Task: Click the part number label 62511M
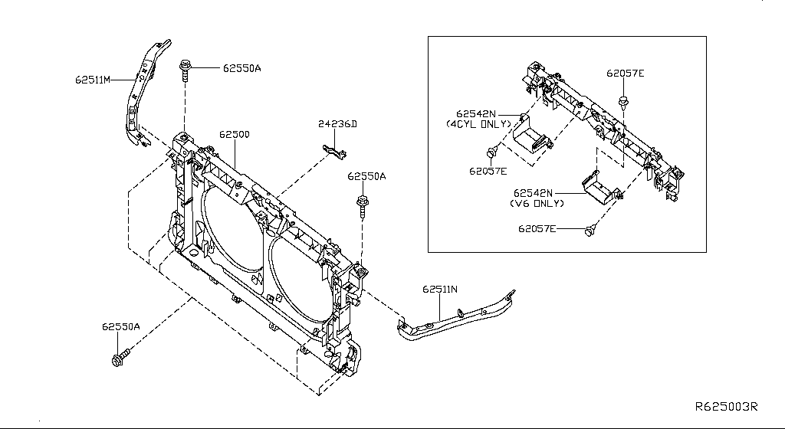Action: click(x=94, y=79)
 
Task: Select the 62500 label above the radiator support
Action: click(x=234, y=134)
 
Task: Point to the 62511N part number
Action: click(x=439, y=290)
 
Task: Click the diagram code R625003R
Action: click(x=726, y=408)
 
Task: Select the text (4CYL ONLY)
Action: click(x=478, y=123)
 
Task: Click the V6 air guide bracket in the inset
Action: click(x=599, y=188)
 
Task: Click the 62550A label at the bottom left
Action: click(x=121, y=326)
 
